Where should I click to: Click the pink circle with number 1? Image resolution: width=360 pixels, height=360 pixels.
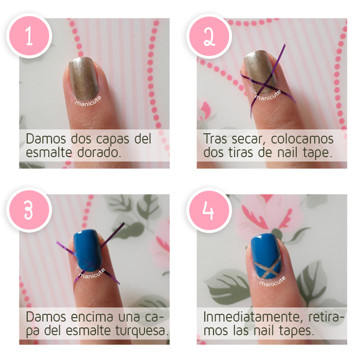(29, 36)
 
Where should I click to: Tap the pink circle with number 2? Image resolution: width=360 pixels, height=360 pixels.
(209, 36)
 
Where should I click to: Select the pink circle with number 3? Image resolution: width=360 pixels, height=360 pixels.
(29, 210)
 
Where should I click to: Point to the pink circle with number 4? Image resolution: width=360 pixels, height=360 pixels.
(209, 210)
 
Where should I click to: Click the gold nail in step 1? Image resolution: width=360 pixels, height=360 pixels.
(83, 78)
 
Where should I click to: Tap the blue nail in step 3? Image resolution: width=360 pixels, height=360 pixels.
(88, 250)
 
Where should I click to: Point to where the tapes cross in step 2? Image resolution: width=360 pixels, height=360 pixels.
(265, 86)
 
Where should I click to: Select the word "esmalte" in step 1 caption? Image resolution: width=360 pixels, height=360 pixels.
(49, 152)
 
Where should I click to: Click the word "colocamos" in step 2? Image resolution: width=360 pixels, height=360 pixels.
(302, 139)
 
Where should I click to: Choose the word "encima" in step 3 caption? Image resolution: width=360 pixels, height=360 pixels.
(92, 317)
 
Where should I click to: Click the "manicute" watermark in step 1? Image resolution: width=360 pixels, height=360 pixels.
(88, 101)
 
